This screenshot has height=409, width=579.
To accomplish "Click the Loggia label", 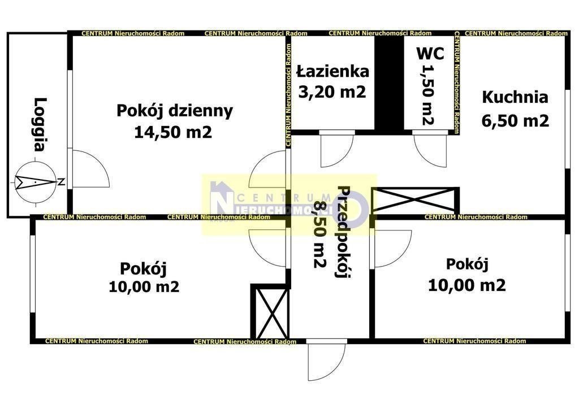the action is pos(40,125).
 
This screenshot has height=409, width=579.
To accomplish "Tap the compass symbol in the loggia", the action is pos(36,181).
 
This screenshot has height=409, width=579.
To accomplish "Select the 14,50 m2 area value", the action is pos(173,132).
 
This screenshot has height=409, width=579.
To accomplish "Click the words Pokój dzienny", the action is pos(175,111).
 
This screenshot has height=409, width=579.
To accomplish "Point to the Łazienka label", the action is pos(332,71).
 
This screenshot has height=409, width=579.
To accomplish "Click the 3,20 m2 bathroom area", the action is pos(332,92).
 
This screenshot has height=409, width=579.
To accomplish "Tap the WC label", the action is pos(430,54).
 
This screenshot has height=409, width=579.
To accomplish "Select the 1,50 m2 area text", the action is pos(427,94).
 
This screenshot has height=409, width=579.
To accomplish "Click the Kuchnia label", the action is pos(515,97).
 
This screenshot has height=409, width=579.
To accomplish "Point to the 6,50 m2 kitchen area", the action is pos(515,120).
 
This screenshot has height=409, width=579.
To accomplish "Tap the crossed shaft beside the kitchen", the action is pos(414,201).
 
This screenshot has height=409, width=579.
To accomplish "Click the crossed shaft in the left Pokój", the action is pos(270,312).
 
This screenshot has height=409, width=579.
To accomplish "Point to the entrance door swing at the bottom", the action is pos(326,360).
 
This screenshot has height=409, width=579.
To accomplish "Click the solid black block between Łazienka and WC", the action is pos(389,82).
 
